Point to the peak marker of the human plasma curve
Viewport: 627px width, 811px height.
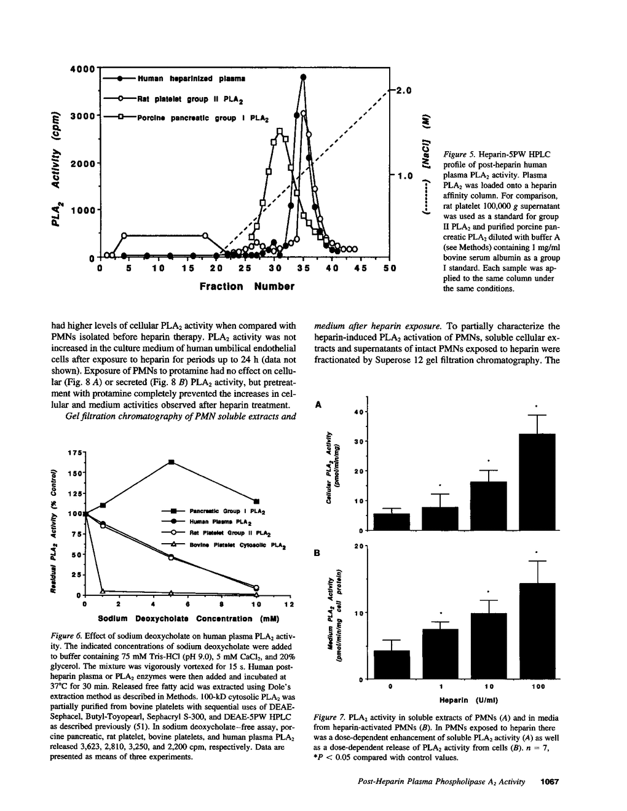pyautogui.click(x=303, y=77)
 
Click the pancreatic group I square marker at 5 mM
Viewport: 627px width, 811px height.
pyautogui.click(x=172, y=461)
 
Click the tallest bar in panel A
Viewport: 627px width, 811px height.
pyautogui.click(x=537, y=482)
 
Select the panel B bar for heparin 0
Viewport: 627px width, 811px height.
pyautogui.click(x=392, y=664)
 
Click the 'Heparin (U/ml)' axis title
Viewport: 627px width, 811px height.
pyautogui.click(x=468, y=700)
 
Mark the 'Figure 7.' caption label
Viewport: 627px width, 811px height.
pyautogui.click(x=330, y=717)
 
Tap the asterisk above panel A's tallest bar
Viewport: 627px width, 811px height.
pyautogui.click(x=537, y=406)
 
